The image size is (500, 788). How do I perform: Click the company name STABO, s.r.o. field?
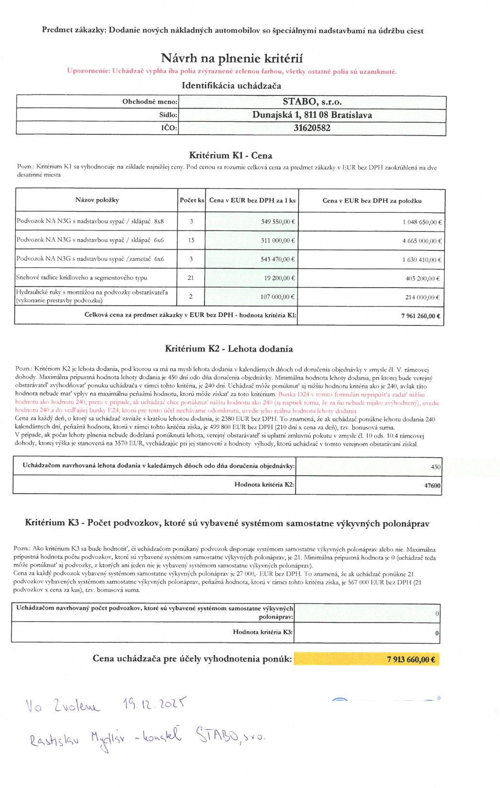point(312,102)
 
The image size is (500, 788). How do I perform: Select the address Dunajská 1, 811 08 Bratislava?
point(312,115)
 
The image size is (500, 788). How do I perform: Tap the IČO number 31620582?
point(312,128)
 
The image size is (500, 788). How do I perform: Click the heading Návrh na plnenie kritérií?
point(232,58)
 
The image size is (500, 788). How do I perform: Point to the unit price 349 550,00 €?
point(278,221)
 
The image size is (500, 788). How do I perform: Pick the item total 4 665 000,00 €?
point(422,241)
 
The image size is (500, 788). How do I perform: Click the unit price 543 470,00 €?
point(278,259)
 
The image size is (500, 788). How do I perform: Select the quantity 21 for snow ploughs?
point(191,278)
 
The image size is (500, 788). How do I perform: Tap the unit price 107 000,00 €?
point(277,297)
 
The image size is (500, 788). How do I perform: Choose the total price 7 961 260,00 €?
point(420,316)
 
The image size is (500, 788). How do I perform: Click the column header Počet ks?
point(192,200)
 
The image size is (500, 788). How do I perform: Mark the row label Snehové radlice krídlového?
point(81,278)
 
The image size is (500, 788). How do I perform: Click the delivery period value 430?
point(435,467)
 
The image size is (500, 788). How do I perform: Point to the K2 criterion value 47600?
point(432,486)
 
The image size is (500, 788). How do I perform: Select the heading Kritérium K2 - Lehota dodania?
point(229,349)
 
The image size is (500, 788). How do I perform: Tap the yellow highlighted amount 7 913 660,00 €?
point(411,660)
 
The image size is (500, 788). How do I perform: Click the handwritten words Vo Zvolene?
point(63,706)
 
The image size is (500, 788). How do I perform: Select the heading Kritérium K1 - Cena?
point(230,155)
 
